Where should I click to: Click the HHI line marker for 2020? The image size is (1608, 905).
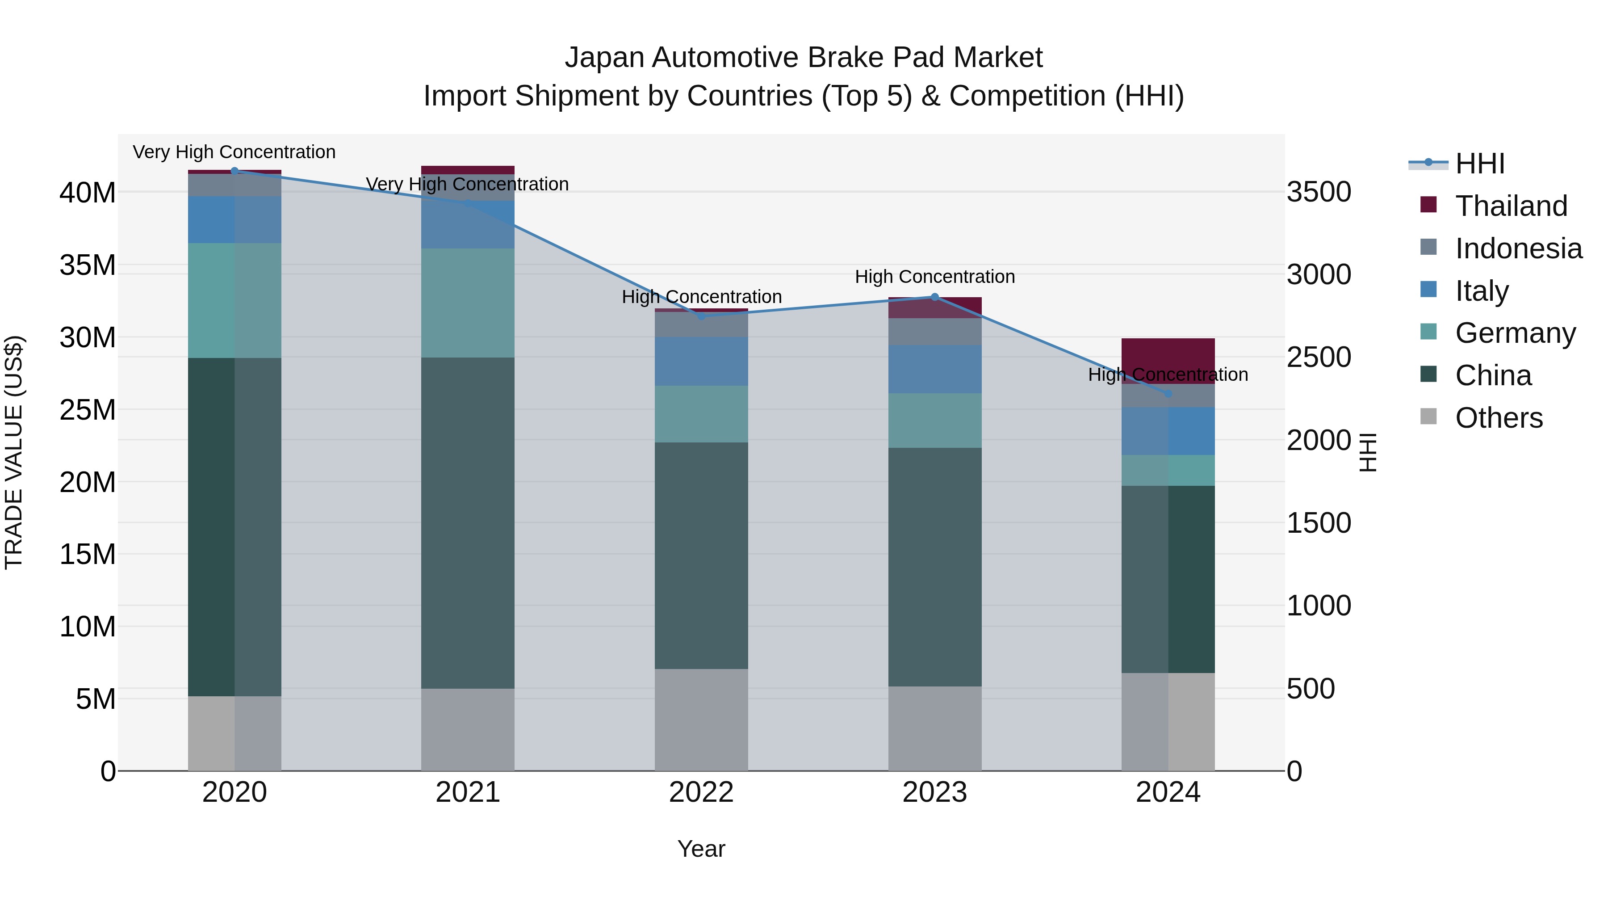coord(234,171)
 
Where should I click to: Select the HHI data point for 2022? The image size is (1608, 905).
coord(701,316)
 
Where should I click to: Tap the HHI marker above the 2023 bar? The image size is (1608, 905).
coord(934,297)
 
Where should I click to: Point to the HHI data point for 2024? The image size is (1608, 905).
coord(1168,393)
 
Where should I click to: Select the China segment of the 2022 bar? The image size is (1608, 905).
coord(701,556)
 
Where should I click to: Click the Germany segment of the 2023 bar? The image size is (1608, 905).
coord(934,421)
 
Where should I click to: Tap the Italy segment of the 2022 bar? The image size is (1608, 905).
coord(701,362)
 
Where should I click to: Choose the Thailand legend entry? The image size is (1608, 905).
coord(1511,206)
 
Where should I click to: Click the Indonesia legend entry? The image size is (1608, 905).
coord(1518,248)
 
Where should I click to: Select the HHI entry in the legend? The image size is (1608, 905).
coord(1479,164)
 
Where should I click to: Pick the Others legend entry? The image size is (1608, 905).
coord(1498,418)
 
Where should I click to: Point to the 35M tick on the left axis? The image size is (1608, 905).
coord(88,265)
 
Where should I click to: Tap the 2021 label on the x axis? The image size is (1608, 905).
coord(468,792)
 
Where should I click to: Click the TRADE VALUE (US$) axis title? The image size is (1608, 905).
coord(14,452)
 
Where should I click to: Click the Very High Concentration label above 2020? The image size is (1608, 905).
coord(234,152)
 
